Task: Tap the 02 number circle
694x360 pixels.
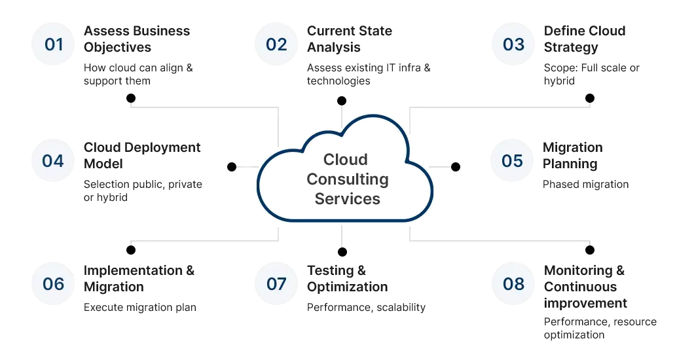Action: pyautogui.click(x=276, y=45)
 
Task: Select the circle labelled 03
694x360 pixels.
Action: pyautogui.click(x=513, y=45)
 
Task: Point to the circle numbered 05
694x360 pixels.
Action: pyautogui.click(x=513, y=161)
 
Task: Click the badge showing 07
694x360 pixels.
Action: pyautogui.click(x=276, y=283)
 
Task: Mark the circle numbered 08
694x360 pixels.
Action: pyautogui.click(x=513, y=283)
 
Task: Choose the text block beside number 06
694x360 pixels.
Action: pyautogui.click(x=141, y=288)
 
